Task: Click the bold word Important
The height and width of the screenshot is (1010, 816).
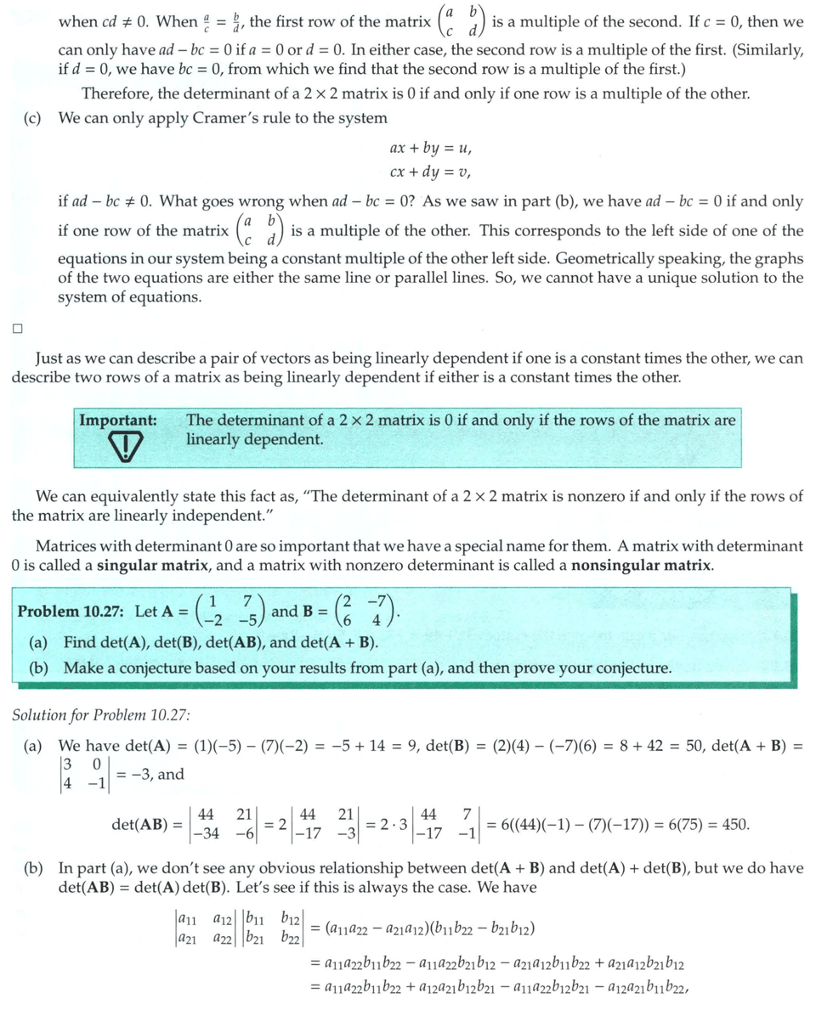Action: [118, 420]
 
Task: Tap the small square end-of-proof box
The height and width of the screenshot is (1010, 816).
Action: [17, 328]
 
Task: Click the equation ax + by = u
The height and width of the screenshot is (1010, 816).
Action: [431, 148]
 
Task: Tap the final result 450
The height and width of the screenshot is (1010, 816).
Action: [735, 824]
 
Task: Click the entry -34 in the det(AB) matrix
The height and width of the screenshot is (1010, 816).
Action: [205, 833]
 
